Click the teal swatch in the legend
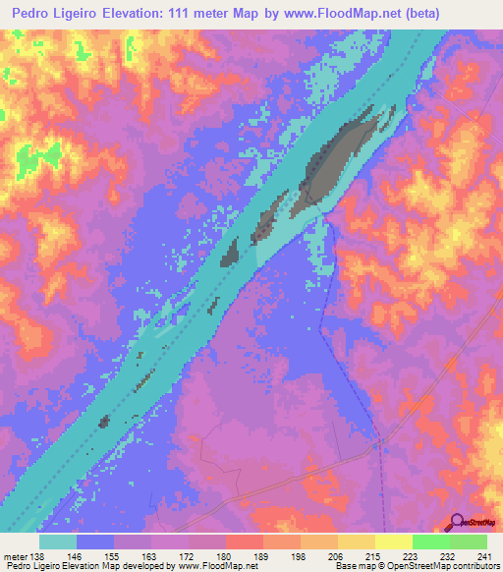pyautogui.click(x=58, y=542)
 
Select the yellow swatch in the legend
pyautogui.click(x=393, y=542)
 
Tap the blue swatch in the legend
pyautogui.click(x=95, y=542)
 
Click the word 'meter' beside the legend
pyautogui.click(x=15, y=555)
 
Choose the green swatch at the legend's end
pyautogui.click(x=469, y=542)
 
